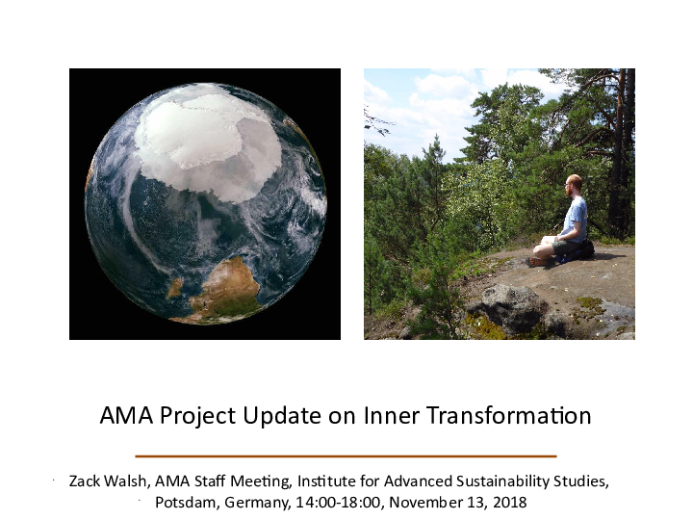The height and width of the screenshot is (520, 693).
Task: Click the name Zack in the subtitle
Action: point(86,480)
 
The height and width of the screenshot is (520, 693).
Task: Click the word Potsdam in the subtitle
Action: point(184,503)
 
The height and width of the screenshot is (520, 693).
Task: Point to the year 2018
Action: point(508,503)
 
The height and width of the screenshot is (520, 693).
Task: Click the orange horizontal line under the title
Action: point(346,455)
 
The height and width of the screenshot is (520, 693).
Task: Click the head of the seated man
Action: point(574,184)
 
